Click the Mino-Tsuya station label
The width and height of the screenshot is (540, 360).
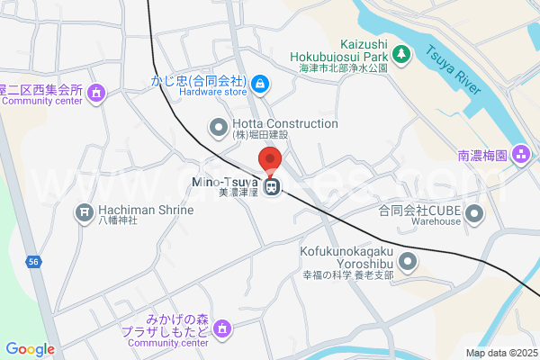pos(225,184)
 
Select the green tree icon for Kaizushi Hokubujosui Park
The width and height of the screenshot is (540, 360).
pos(402,55)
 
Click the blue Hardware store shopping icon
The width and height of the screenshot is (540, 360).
pos(260,84)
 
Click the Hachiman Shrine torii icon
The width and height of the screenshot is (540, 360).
pos(85,211)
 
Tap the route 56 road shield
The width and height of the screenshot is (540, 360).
pos(33,261)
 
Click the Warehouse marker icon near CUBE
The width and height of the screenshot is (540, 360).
pos(474,214)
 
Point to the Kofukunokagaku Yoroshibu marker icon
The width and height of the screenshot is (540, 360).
pos(408,263)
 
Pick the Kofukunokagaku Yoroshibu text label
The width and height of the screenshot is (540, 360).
pos(346,257)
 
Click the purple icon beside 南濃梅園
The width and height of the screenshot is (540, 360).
pos(519,155)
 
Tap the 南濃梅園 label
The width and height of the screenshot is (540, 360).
pos(482,155)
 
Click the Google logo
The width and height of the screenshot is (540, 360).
pos(30,349)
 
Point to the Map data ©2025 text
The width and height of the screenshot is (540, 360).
pos(500,353)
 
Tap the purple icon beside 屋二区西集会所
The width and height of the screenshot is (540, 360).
pos(97,91)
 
